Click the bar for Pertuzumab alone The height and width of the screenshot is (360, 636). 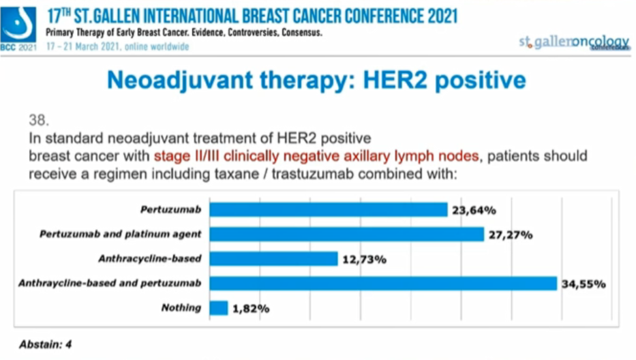(x=327, y=209)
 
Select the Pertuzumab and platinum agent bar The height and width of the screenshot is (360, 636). (x=346, y=234)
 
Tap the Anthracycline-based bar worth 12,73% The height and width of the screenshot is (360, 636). (x=273, y=259)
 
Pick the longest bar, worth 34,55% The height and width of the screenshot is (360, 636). (x=383, y=283)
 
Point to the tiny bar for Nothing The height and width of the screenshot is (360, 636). (x=218, y=308)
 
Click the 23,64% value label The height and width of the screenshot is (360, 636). (x=473, y=210)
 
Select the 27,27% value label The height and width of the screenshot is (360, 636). (x=510, y=235)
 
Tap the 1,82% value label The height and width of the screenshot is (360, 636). (x=251, y=309)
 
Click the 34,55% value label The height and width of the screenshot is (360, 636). (x=584, y=284)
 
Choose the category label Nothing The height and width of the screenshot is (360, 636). (x=181, y=307)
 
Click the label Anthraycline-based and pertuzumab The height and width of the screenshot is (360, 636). (x=110, y=283)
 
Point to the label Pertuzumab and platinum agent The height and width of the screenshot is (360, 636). (x=120, y=234)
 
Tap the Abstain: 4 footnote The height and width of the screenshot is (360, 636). (x=44, y=344)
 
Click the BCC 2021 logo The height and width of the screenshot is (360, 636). (x=19, y=28)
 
